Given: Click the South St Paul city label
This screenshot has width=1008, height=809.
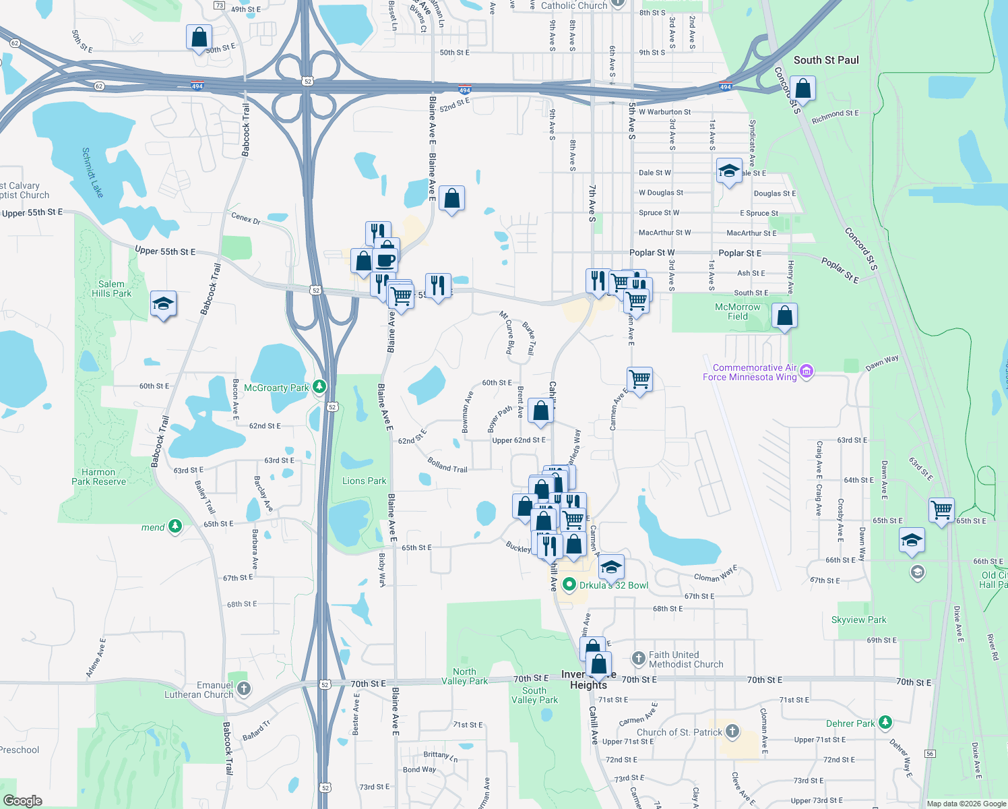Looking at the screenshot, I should coord(826,60).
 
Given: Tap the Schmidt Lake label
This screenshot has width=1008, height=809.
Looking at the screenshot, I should coord(92,173).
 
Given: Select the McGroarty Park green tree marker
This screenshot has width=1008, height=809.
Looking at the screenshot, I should coord(319,387).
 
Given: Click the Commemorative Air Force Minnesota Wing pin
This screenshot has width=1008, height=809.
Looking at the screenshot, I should coord(807,371).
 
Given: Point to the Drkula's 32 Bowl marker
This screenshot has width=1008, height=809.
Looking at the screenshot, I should coord(569,585).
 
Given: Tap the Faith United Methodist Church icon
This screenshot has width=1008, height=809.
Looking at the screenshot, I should coord(638,658).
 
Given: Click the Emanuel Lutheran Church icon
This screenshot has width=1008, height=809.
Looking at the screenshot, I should coord(244,688).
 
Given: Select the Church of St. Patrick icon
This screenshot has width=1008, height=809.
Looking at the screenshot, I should coord(732,731).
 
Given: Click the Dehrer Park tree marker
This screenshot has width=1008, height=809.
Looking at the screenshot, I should coord(885,723).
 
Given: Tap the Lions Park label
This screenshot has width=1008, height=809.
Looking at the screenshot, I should coord(364,481).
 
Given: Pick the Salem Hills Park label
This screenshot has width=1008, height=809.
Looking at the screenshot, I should coord(112,289).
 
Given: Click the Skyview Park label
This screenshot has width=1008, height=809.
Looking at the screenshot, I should coord(858,620).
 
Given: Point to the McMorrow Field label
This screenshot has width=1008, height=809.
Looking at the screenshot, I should coord(737,311).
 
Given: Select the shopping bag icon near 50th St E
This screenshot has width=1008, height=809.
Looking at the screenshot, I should coord(199,37).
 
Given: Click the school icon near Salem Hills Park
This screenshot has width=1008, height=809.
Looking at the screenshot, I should coord(163,304).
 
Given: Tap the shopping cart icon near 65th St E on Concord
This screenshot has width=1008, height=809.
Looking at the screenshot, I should coord(941,510).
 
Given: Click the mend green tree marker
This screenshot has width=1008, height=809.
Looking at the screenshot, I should coord(175,526).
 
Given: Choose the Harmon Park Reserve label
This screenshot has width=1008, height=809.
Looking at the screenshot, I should coord(99,477).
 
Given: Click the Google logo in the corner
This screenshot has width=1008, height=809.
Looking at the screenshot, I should coord(23,800).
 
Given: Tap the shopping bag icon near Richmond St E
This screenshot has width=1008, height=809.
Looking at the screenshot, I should coord(802,88).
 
